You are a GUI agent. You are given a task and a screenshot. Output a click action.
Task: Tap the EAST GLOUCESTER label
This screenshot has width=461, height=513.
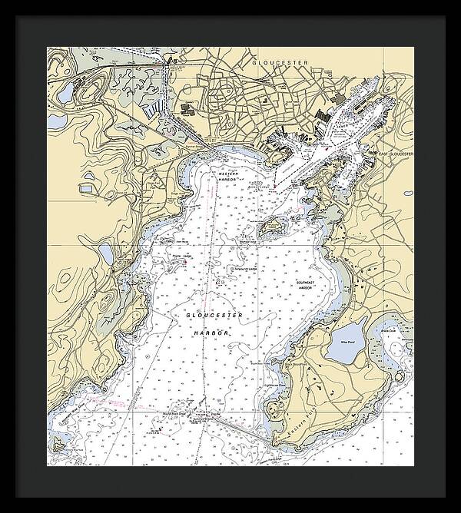pos(396,154)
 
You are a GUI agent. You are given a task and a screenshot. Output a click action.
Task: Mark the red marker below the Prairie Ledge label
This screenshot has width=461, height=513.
pos(184,264)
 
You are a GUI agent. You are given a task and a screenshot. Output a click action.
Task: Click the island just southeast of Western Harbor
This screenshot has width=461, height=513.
pos(269,227)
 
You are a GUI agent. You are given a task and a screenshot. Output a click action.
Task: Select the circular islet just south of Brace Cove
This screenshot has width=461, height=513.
pos(400,376)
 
